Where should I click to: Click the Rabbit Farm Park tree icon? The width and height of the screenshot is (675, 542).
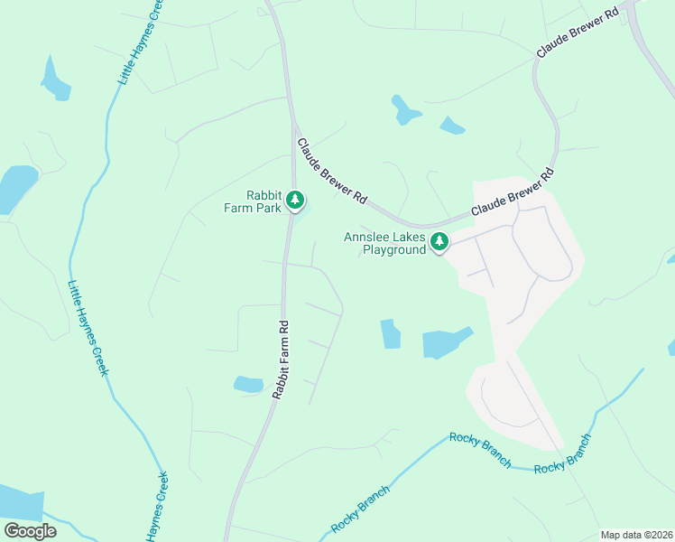point(295,201)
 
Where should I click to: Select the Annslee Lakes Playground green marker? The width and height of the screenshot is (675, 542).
point(439,241)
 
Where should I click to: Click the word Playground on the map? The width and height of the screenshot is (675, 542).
point(393,249)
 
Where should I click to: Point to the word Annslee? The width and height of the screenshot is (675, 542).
point(365,238)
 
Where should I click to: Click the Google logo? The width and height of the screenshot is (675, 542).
point(30,530)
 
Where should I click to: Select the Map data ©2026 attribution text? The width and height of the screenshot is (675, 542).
point(635,535)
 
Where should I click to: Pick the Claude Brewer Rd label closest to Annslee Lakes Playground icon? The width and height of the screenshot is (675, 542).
point(511,193)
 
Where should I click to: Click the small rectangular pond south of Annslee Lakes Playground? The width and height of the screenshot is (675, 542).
point(391,333)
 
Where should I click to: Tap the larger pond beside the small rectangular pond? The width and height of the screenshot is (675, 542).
point(446,341)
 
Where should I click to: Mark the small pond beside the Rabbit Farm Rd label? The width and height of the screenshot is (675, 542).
point(247,384)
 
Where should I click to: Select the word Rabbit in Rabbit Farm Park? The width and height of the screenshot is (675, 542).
point(264,194)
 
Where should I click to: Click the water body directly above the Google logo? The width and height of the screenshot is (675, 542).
point(20,502)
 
